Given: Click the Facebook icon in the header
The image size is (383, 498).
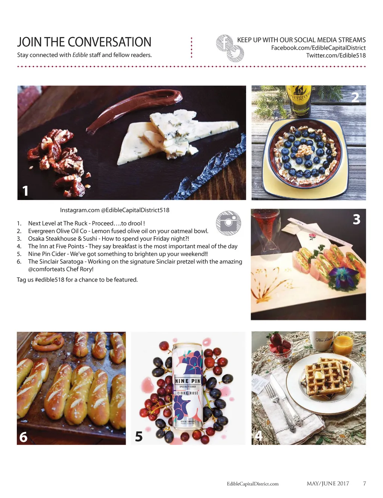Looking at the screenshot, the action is [225, 43].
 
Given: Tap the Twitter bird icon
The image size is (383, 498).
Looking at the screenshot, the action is [235, 54].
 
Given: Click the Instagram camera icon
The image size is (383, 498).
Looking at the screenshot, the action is [228, 223].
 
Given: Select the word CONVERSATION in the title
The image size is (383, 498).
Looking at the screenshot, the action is [109, 42].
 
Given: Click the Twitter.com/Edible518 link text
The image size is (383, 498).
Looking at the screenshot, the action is [336, 55].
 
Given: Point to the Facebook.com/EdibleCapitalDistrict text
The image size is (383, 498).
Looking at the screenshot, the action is [318, 48].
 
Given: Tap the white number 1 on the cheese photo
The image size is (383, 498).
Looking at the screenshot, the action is [25, 191].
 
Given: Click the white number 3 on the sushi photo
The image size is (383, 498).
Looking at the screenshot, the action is [356, 219].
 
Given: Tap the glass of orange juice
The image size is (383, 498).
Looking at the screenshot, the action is [343, 343].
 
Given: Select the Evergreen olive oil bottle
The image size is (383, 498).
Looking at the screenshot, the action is [298, 102].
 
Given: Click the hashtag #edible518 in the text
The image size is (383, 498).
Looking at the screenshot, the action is [49, 280].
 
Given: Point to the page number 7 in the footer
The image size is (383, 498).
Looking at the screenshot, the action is [364, 483].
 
